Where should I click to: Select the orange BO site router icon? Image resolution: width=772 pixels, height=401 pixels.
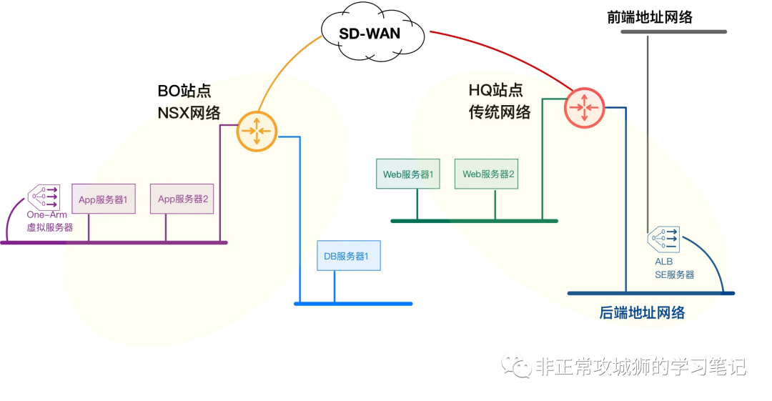point(256,131)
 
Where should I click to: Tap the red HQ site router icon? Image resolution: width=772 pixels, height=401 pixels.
point(584,107)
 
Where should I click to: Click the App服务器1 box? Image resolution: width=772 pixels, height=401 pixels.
point(103,199)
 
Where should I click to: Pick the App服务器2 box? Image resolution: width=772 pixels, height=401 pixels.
point(182,199)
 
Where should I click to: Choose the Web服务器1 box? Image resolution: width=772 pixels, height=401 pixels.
point(408,174)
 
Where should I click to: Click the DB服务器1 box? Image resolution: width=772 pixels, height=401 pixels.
point(348,256)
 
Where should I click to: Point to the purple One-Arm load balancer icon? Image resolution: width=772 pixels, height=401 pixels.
point(44,196)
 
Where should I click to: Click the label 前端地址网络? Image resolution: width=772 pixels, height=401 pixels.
point(650,17)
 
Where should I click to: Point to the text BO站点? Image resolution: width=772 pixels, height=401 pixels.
point(184,91)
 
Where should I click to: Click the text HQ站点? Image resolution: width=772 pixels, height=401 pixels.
point(495,90)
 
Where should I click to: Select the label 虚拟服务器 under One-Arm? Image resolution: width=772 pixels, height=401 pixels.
point(50,227)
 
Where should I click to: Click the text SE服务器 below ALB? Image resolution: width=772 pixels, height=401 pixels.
point(674,274)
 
